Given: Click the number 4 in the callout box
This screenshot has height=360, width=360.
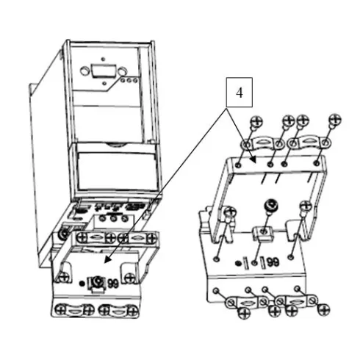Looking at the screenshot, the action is point(240,93).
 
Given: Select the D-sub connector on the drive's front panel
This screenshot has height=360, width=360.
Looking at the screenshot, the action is point(104,71).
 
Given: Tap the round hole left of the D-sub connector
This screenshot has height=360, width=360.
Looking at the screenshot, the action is point(84,71).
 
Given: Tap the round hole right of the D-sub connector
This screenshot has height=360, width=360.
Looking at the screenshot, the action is point(122,71).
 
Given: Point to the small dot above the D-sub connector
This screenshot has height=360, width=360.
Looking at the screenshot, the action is point(103,59).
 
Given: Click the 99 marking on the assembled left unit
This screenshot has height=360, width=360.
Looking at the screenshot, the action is point(113,284).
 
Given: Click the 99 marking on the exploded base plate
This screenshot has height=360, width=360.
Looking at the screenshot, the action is point(273,262).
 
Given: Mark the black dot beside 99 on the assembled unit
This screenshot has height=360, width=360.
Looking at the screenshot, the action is point(82,284).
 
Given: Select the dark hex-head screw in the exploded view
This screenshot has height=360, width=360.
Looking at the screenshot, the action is point(271,206).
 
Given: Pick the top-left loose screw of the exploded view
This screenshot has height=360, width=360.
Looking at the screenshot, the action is point(256,121).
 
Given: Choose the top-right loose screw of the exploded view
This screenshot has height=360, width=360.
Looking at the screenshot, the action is point(335,120).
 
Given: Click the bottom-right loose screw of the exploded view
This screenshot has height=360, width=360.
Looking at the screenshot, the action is point(324,309).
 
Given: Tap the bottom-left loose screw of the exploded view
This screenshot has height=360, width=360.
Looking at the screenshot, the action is point(244,313).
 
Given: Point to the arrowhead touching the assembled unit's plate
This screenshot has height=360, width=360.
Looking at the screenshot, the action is point(107,260).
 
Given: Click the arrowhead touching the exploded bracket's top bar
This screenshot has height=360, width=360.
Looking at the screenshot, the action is point(253,159).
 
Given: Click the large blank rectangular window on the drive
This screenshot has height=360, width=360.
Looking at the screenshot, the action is point(117,171).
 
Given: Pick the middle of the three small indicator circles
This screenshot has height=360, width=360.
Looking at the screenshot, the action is point(129,80).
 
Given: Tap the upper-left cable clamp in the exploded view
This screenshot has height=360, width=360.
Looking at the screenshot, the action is point(262,143).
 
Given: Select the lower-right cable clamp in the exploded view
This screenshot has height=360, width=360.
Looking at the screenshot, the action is point(296,301).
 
